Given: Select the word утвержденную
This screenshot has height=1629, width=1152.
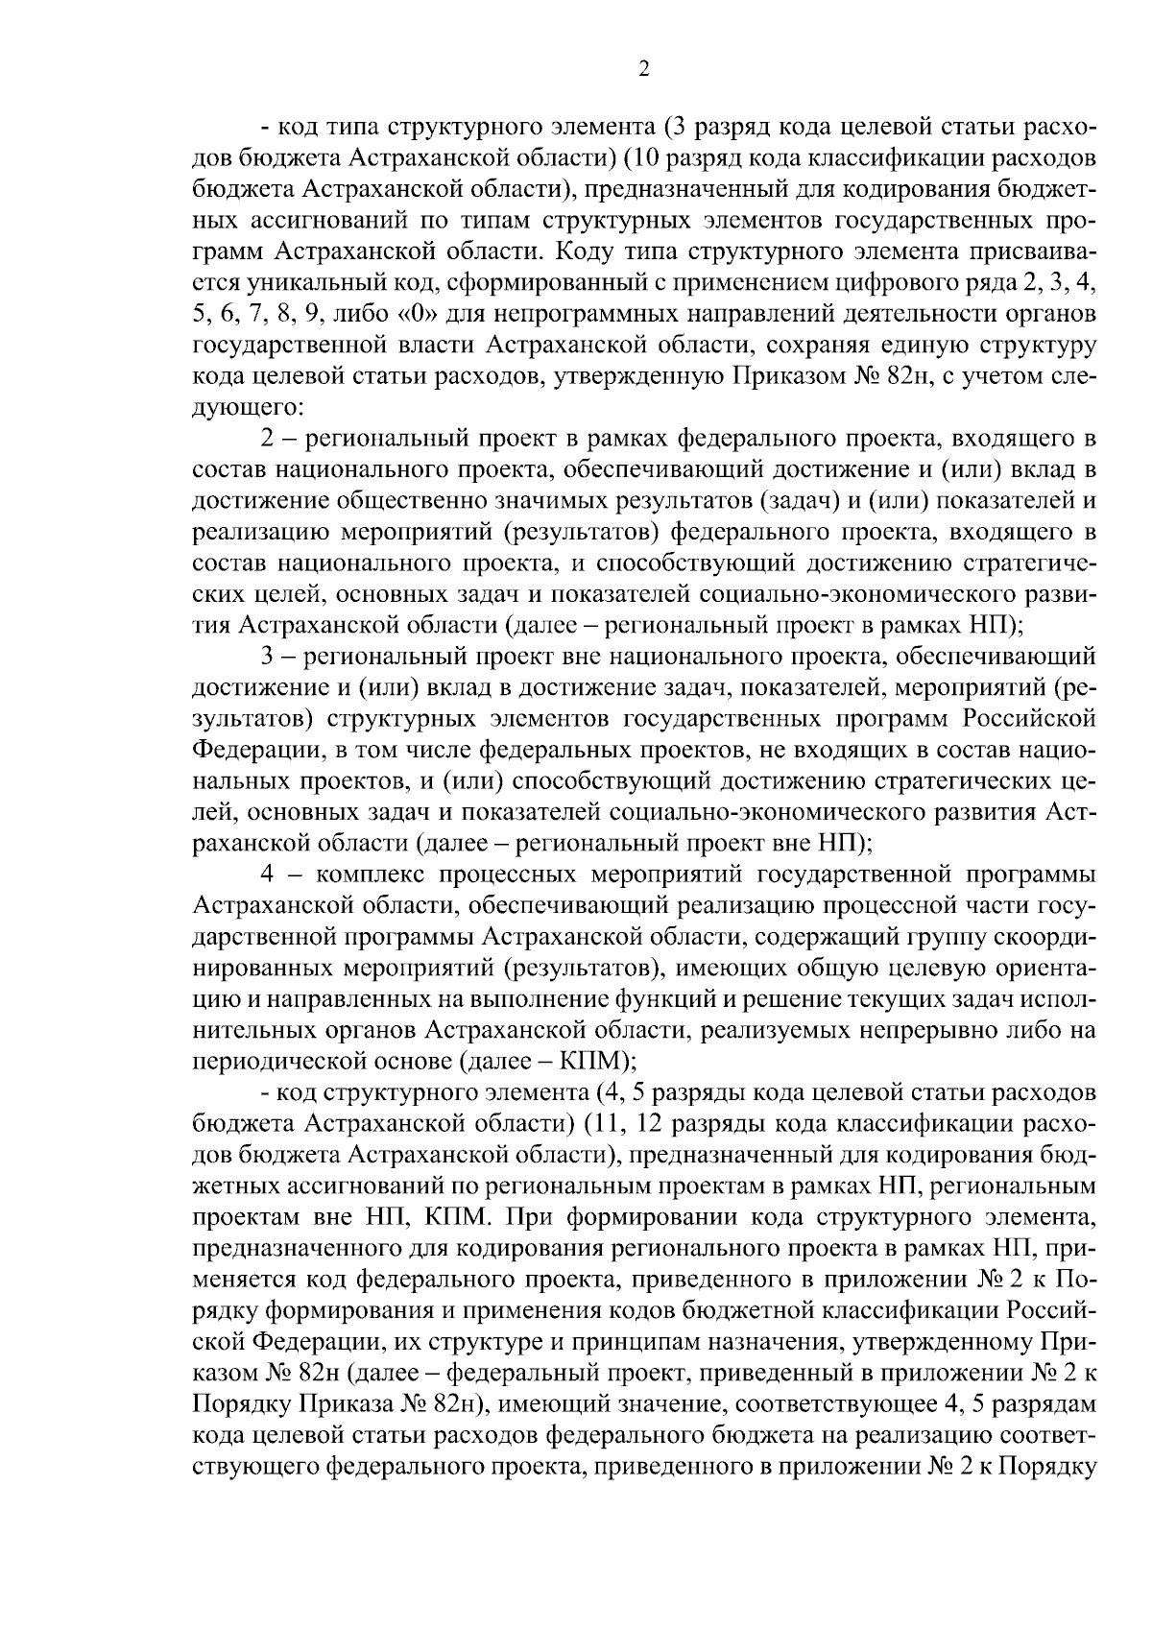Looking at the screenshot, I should (x=628, y=375).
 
